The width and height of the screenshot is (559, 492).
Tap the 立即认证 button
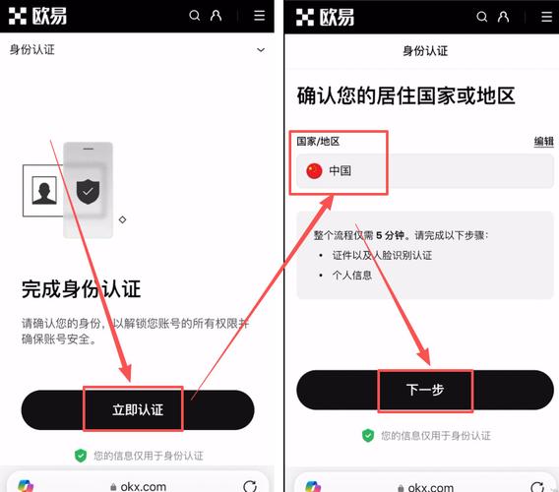137,409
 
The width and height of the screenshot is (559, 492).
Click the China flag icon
314,170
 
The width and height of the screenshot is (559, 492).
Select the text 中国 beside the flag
341,170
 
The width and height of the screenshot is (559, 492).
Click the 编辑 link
543,142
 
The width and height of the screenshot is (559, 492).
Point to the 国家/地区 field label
318,142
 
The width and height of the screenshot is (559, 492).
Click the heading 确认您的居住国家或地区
406,96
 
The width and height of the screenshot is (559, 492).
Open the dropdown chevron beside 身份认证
261,49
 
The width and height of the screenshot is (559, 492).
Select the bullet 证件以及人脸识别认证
382,255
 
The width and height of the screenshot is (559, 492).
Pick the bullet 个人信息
352,276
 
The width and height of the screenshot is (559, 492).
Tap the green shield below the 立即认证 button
81,456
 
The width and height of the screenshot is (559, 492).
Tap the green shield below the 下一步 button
368,435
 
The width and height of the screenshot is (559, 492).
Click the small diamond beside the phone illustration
122,219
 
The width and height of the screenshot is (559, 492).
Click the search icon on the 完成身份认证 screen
195,16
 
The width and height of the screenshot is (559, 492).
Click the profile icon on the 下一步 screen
503,16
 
